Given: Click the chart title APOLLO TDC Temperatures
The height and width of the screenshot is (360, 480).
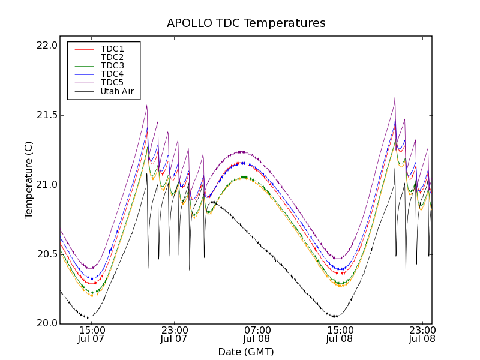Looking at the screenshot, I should [246, 23].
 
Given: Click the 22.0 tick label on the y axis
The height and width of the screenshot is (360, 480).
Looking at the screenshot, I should [47, 46].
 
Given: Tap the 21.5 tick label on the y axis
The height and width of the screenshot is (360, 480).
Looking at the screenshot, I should [47, 115].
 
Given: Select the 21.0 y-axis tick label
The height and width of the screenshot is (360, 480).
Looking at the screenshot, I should [47, 185].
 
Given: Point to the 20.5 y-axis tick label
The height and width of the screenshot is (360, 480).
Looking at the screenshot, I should [47, 254].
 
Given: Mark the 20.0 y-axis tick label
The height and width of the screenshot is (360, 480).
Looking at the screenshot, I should [47, 324].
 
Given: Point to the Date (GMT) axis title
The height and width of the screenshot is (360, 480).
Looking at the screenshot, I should [245, 352].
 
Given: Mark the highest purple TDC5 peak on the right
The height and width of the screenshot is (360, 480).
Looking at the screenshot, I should [395, 97].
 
